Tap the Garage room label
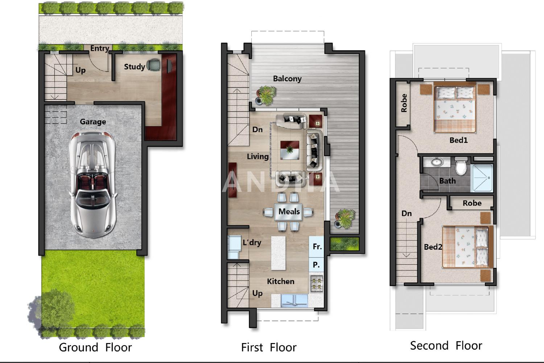[x=93, y=122]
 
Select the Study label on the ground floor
[x=134, y=67]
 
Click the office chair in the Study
[x=154, y=65]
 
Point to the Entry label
[x=100, y=48]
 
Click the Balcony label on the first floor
[x=287, y=78]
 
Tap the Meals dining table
[x=289, y=212]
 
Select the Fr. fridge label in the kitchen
[x=317, y=246]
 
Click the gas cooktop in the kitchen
[x=317, y=284]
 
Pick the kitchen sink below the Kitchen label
[x=294, y=301]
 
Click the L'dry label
[x=252, y=242]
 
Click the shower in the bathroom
[x=482, y=178]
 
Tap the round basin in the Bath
[x=437, y=162]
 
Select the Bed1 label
[x=458, y=140]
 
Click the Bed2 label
[x=433, y=247]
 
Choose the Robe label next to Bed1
[x=404, y=103]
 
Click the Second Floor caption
[x=446, y=346]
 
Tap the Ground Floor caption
[x=95, y=347]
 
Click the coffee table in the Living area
[x=289, y=150]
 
